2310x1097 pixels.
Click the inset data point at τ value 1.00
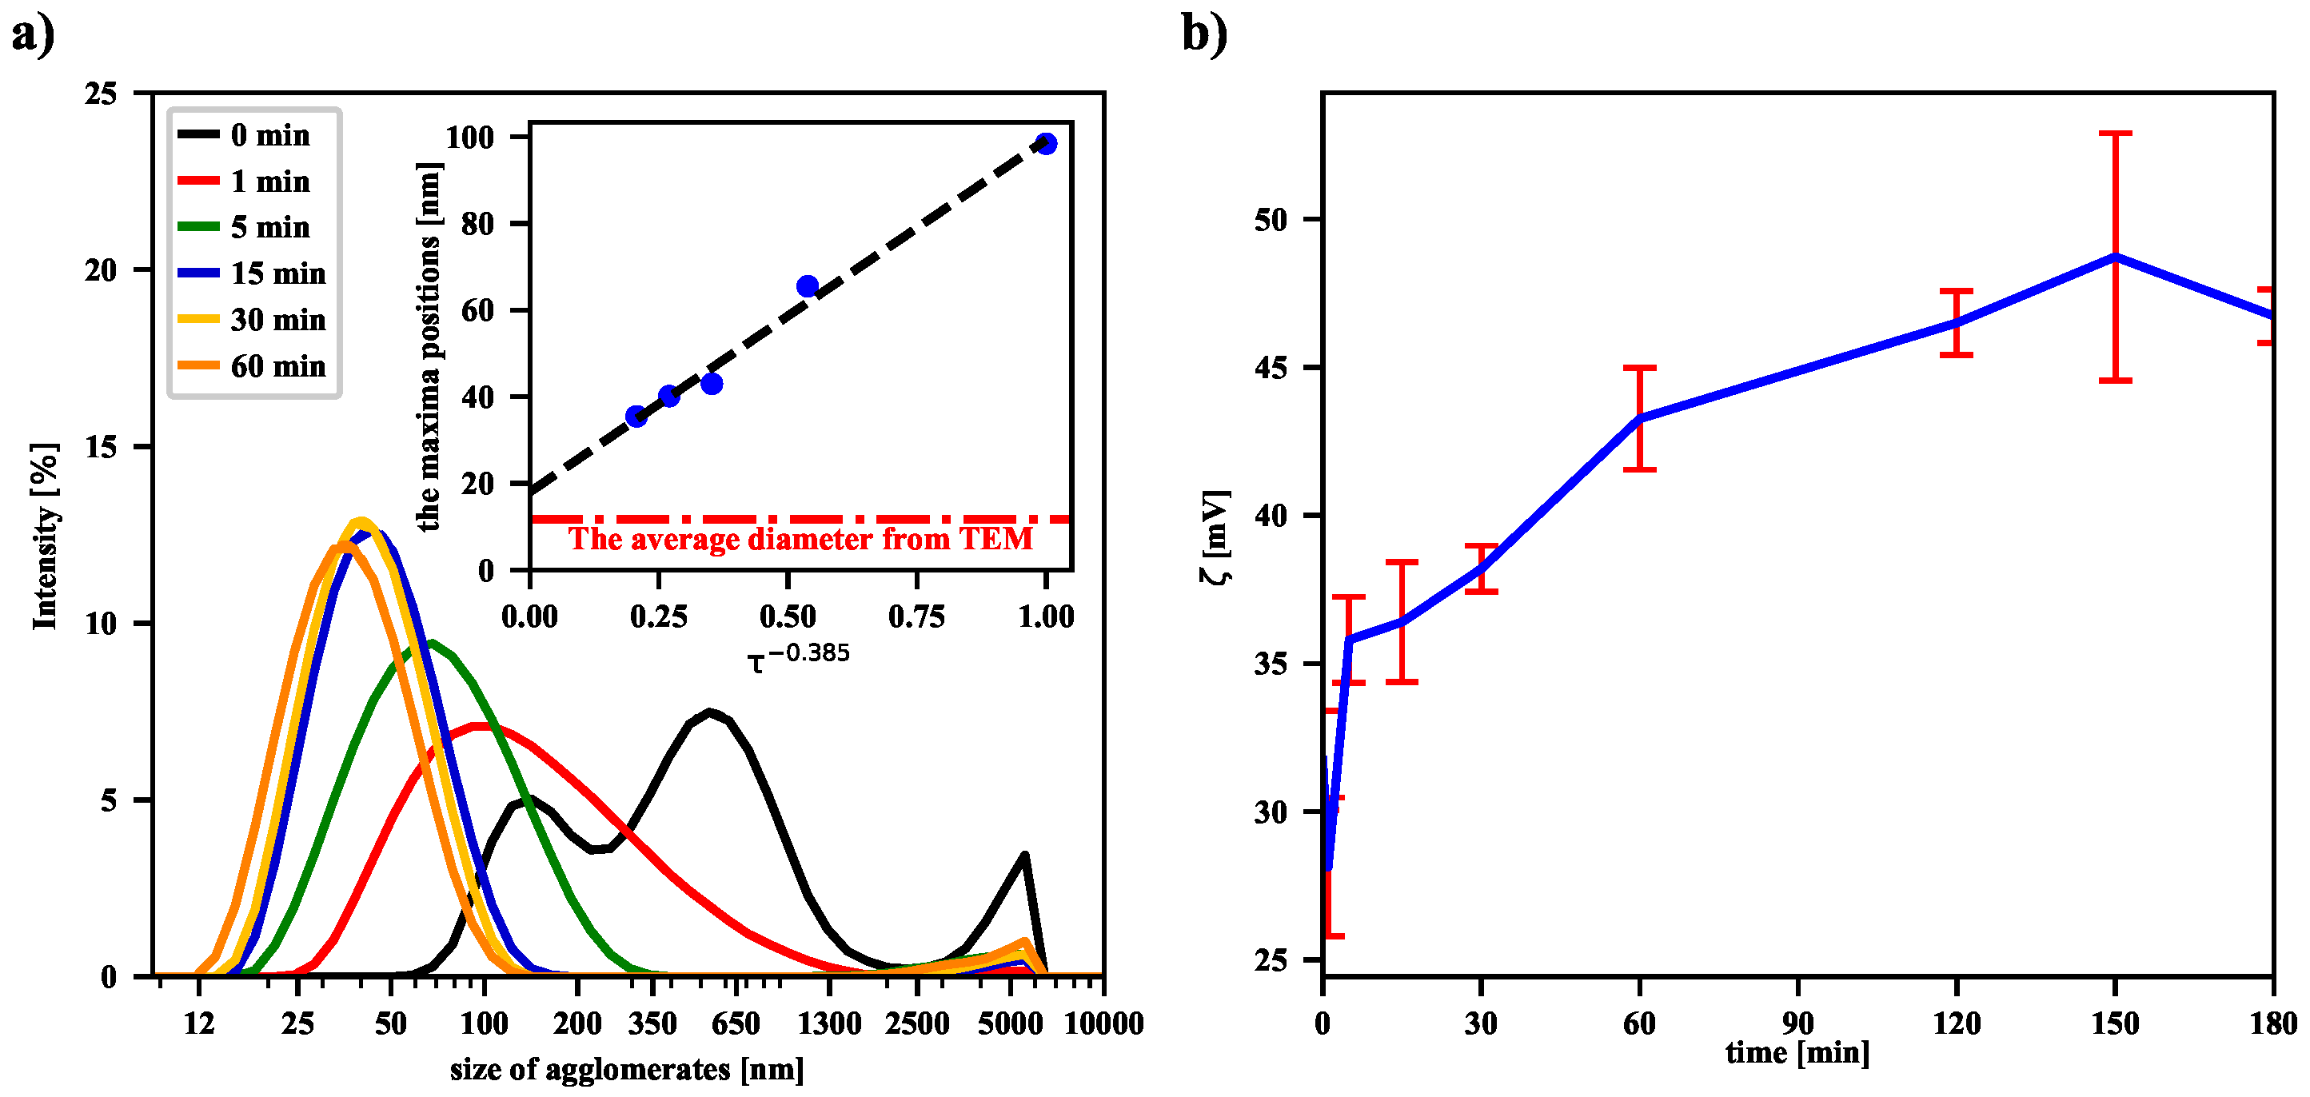(x=1046, y=143)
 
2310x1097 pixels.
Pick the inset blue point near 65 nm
(x=807, y=286)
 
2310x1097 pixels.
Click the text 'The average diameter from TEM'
(x=800, y=539)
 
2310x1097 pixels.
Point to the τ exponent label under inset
(x=798, y=657)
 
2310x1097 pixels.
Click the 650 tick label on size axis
(x=736, y=1023)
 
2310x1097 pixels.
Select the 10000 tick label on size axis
(x=1103, y=1023)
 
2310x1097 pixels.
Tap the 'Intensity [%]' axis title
(x=44, y=537)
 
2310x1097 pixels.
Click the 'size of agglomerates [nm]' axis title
(x=627, y=1069)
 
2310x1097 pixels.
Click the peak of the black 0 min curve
(x=710, y=712)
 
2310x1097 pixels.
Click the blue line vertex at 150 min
(x=2115, y=257)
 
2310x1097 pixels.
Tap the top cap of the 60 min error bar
(x=1639, y=367)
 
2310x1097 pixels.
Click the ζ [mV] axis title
(x=1215, y=537)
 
